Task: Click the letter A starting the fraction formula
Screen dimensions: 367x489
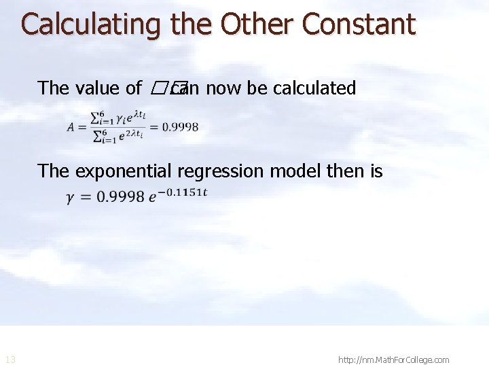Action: point(72,127)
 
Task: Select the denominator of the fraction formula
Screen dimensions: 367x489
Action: point(118,135)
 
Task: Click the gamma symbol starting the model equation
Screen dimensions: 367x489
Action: point(70,197)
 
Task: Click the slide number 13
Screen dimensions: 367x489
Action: point(10,360)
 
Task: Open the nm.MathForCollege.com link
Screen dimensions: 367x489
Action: point(393,360)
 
